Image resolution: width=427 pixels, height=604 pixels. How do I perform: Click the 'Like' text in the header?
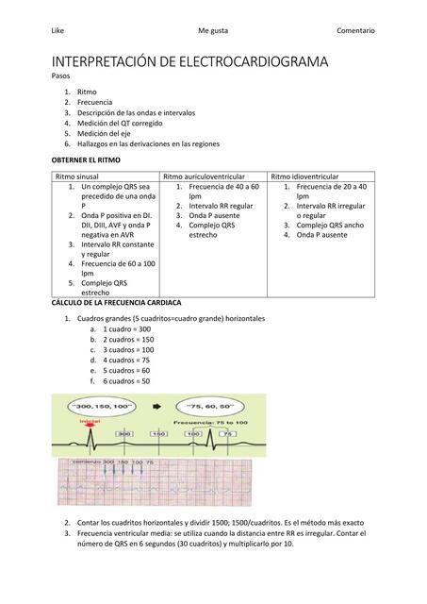tap(58, 31)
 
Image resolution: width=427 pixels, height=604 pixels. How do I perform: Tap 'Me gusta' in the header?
tap(213, 31)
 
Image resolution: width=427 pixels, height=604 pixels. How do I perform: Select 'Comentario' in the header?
tap(355, 31)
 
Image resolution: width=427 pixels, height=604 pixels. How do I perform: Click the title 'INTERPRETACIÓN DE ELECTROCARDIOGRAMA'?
tap(189, 62)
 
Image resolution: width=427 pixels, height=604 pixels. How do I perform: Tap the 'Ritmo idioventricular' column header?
tap(304, 176)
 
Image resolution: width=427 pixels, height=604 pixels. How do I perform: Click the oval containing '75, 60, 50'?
tap(218, 406)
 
